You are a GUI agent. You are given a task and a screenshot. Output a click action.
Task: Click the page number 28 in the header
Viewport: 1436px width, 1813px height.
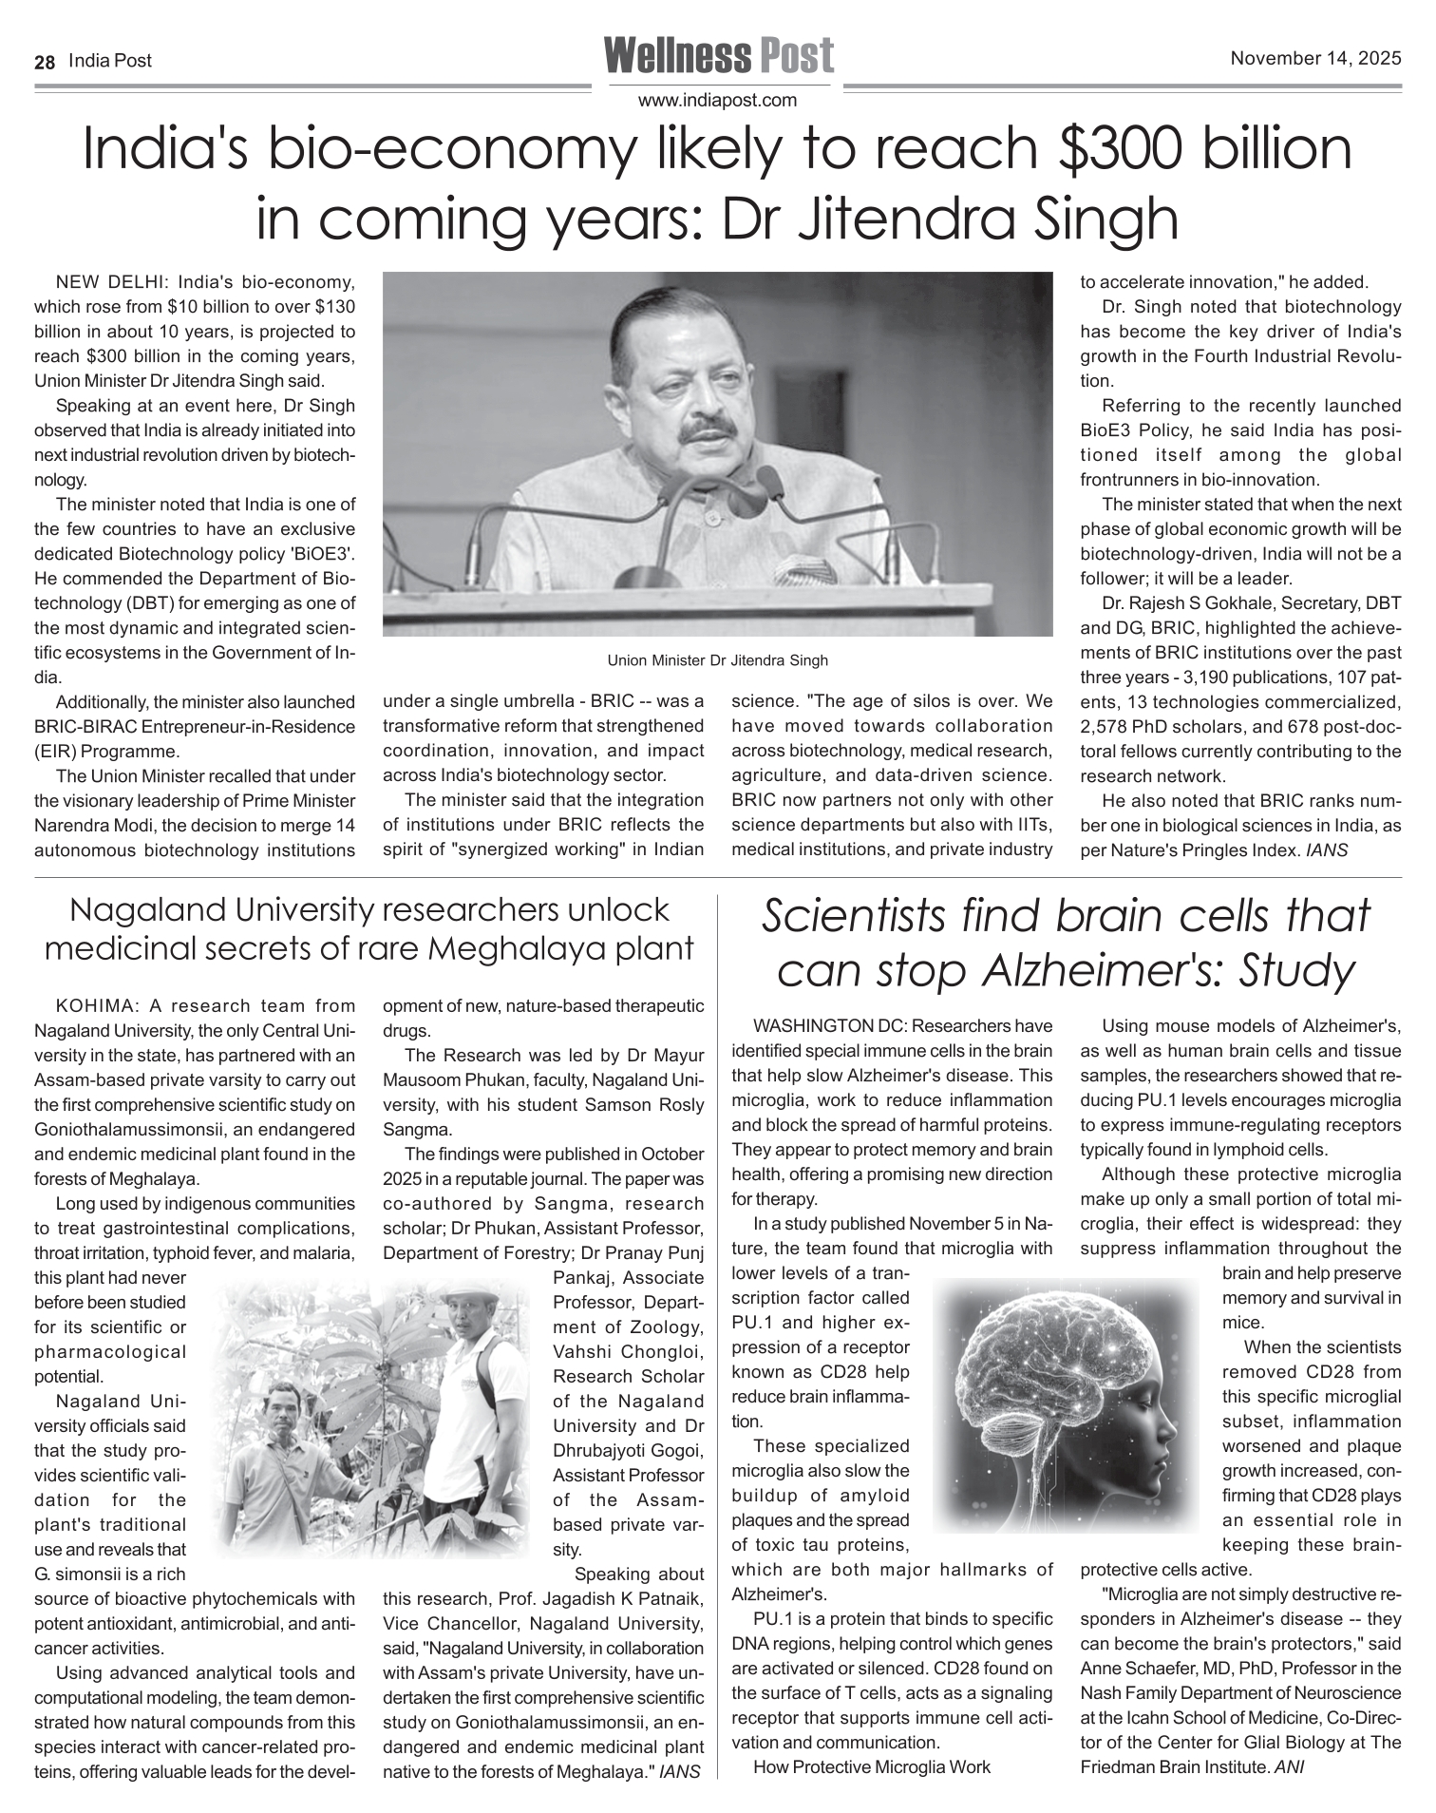pyautogui.click(x=44, y=62)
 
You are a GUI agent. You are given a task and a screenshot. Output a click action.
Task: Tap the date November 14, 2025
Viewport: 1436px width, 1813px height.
pyautogui.click(x=1315, y=59)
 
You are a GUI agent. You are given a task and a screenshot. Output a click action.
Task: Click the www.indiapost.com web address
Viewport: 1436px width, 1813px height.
pyautogui.click(x=717, y=100)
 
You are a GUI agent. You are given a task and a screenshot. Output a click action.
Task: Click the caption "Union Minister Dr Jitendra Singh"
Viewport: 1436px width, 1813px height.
pyautogui.click(x=717, y=660)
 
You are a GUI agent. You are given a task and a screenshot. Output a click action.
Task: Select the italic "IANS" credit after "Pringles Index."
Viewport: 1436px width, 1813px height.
pyautogui.click(x=1327, y=850)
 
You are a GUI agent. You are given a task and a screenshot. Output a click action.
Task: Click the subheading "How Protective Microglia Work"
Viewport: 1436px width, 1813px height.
pyautogui.click(x=872, y=1767)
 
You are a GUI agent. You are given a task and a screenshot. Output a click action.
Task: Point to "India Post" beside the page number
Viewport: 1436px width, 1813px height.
pyautogui.click(x=110, y=61)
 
